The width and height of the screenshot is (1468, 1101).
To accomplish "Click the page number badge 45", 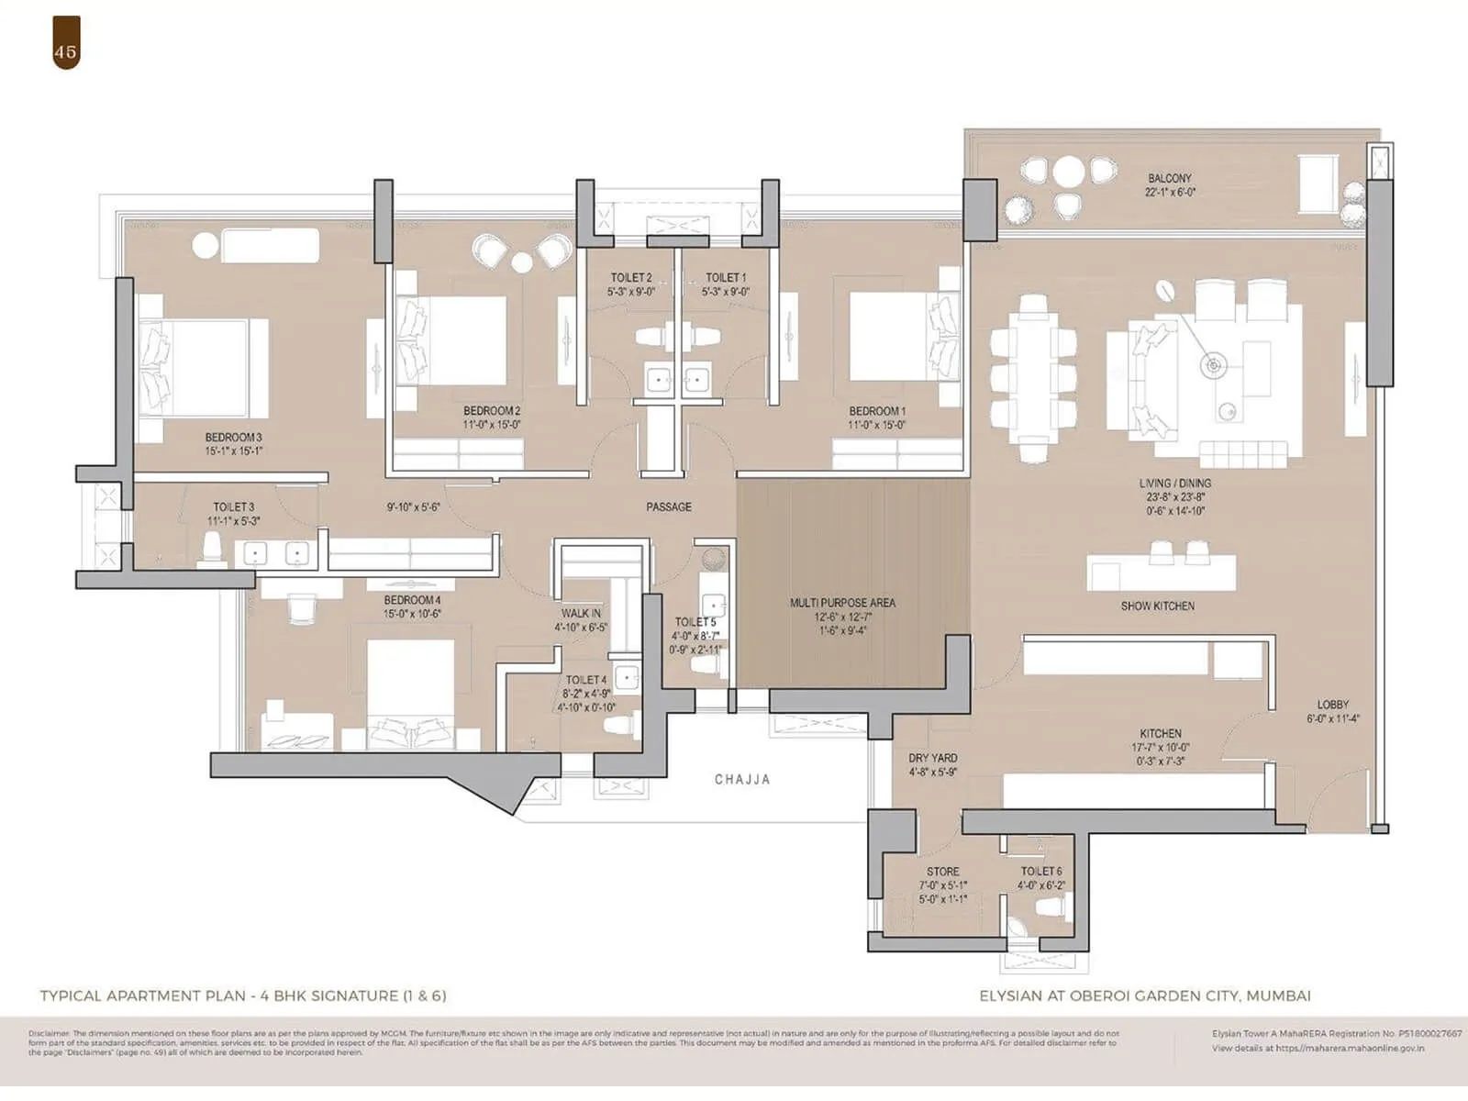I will pos(65,51).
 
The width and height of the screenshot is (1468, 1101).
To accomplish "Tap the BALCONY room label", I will pos(1169,178).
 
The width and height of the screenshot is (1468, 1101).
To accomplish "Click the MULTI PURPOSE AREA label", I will pos(842,603).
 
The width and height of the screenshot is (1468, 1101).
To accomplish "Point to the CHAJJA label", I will pos(742,780).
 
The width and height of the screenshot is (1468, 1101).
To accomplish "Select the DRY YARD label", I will pos(932,758).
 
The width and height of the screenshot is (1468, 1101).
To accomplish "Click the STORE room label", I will pos(942,872).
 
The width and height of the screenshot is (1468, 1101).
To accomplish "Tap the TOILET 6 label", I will pos(1041,872).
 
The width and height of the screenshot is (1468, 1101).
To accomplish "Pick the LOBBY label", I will pos(1332,705).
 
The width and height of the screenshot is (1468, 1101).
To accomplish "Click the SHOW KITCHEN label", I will pos(1157,606).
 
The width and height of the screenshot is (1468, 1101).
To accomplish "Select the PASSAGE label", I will pos(668,506).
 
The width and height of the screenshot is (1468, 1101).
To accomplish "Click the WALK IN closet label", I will pos(581,613).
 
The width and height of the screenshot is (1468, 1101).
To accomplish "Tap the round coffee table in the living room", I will pos(1213,366).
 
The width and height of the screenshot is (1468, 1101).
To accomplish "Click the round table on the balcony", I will pos(1068,172).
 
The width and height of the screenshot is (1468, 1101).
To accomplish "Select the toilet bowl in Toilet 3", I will pos(212,549).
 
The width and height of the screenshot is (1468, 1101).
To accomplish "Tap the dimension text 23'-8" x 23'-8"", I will pos(1173,496).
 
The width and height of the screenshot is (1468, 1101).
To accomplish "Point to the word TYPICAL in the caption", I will pos(72,995).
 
